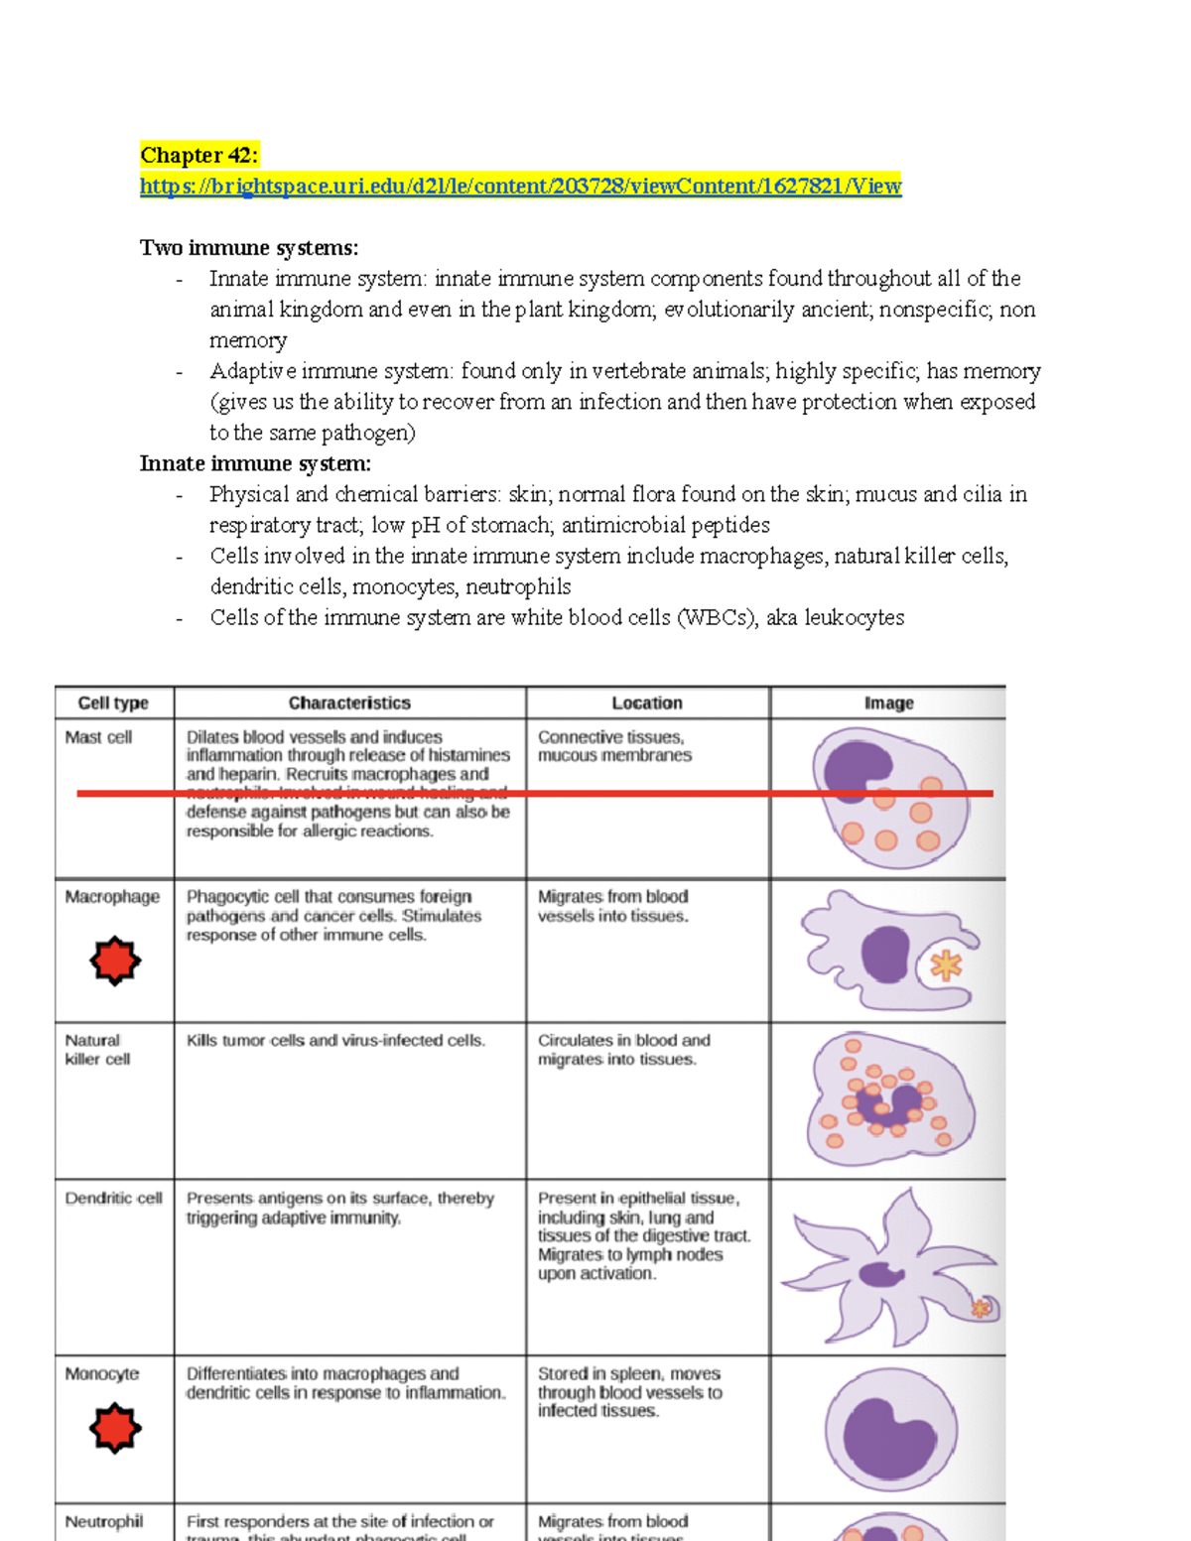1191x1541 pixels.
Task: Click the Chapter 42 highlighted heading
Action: click(x=198, y=155)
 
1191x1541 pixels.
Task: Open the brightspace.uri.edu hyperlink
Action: click(x=520, y=186)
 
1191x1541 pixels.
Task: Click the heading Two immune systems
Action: click(x=249, y=247)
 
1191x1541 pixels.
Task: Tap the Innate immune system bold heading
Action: click(x=255, y=463)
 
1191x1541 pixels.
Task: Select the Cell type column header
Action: click(x=113, y=703)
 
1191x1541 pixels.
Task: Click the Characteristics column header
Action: click(x=349, y=703)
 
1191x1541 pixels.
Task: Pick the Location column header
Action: click(x=647, y=703)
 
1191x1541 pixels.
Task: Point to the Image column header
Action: click(x=888, y=703)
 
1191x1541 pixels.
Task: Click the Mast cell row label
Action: click(x=98, y=737)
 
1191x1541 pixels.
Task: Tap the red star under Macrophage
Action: click(x=115, y=961)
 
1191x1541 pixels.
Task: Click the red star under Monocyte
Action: click(x=115, y=1428)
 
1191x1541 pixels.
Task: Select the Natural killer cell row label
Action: click(x=97, y=1050)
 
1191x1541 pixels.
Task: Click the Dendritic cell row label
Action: click(x=113, y=1199)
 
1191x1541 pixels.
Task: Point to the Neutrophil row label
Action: click(x=104, y=1521)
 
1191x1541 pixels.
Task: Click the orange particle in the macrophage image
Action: click(x=946, y=964)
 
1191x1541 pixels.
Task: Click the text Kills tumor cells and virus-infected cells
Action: click(x=335, y=1040)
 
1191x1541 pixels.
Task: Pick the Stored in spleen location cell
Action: click(x=629, y=1391)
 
